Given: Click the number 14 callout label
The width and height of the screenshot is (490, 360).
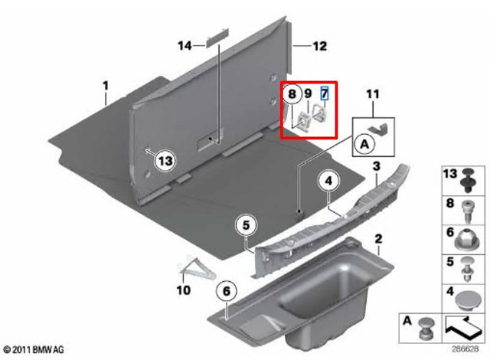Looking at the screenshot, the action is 185,46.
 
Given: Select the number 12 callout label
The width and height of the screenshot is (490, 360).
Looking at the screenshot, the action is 320,46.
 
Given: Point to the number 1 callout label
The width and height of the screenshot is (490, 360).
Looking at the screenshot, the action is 106,86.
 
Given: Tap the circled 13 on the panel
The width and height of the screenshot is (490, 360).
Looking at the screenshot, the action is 165,161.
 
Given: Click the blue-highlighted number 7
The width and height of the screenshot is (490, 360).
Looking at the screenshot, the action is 325,93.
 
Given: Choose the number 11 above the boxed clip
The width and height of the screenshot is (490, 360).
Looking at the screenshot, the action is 373,93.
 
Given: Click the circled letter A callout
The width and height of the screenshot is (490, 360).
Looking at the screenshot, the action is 364,144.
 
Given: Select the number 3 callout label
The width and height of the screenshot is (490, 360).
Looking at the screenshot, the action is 377,166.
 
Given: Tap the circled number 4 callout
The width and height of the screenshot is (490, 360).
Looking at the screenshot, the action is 328,182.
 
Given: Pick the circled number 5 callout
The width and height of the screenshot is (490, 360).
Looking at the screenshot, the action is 247,225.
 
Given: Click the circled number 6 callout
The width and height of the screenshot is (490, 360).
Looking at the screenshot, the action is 227,291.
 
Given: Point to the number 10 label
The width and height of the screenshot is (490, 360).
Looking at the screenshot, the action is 184,290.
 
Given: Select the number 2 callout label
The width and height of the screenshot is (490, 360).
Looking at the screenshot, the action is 378,239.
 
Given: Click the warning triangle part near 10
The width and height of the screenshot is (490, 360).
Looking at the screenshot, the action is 197,268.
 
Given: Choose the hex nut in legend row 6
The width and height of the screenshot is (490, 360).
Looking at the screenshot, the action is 468,241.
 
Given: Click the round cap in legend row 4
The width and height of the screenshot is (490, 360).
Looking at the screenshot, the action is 468,300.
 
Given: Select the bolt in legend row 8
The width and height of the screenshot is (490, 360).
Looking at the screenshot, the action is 467,211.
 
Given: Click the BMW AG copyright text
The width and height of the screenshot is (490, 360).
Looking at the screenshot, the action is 34,349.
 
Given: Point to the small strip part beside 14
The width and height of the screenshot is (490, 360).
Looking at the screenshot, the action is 217,38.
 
